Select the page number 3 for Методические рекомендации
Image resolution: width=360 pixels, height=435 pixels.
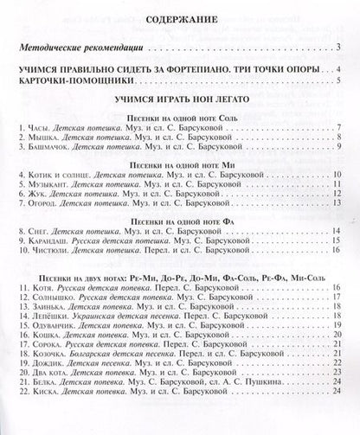pyautogui.click(x=340, y=48)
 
